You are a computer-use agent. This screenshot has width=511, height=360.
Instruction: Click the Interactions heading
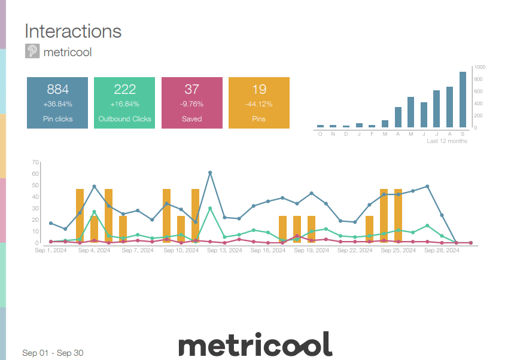coord(73,31)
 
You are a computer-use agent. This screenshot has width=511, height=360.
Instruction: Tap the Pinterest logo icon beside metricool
coord(32,51)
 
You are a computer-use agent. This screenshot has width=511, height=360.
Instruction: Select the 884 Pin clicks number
coord(58,90)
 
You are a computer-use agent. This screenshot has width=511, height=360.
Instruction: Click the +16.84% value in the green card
coord(124,104)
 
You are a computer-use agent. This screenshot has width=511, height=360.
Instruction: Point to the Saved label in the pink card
coord(191,119)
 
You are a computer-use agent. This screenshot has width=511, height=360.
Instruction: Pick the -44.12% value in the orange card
coord(258,104)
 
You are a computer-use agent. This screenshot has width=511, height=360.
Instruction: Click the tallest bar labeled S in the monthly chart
coord(463,99)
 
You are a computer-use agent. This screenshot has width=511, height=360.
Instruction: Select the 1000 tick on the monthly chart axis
coord(480,67)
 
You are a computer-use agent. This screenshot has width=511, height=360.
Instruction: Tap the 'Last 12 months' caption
coord(446,141)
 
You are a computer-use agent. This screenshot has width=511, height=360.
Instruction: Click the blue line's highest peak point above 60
coord(210,173)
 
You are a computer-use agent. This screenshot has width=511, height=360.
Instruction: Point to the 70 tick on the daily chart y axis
coord(35,162)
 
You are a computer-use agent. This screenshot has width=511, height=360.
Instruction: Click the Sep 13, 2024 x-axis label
coord(224,251)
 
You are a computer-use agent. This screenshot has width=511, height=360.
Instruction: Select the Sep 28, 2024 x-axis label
coord(442,251)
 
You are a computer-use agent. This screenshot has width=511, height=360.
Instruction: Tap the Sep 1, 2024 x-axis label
coord(50,251)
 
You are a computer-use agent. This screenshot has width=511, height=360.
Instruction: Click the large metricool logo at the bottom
coord(255,344)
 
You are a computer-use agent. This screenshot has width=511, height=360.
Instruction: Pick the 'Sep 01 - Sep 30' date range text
coord(53,353)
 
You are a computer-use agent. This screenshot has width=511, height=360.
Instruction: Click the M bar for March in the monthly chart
coord(385,124)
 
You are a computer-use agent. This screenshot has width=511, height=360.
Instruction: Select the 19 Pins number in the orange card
coord(258,90)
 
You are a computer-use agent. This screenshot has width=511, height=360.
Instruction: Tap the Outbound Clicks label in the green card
coord(124,119)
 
